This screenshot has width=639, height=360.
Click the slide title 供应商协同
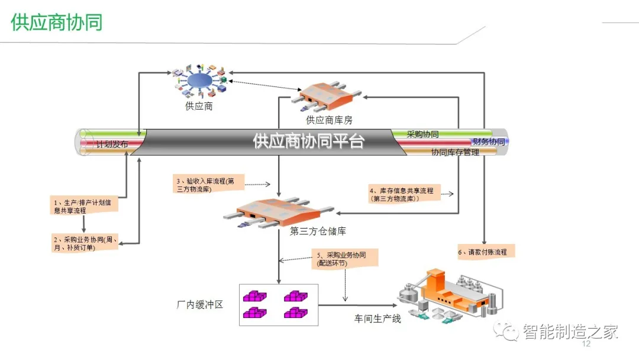tap(57, 22)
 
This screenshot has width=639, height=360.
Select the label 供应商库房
tap(329, 120)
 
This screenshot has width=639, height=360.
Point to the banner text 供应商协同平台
tap(308, 142)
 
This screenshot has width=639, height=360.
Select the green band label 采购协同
tap(422, 134)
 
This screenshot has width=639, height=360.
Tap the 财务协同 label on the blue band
tap(488, 143)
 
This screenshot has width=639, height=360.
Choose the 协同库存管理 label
tap(455, 152)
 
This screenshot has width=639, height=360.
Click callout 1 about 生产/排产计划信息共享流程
tap(83, 206)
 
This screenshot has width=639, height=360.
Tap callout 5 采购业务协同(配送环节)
tap(346, 259)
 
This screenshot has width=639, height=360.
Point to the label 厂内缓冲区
tap(199, 305)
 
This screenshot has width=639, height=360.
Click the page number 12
tap(587, 344)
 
